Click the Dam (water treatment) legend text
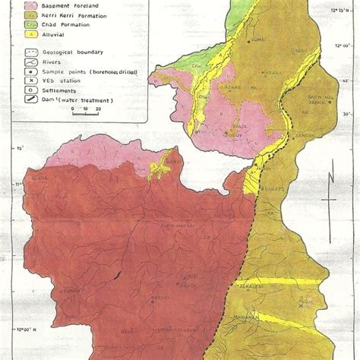pyautogui.click(x=76, y=100)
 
